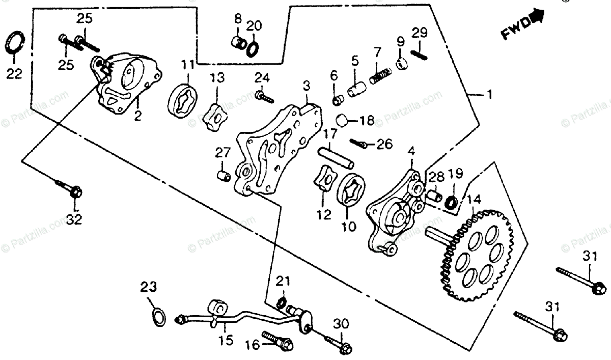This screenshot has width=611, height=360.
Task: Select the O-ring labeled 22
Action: click(14, 42)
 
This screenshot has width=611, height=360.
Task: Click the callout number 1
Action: click(489, 95)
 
